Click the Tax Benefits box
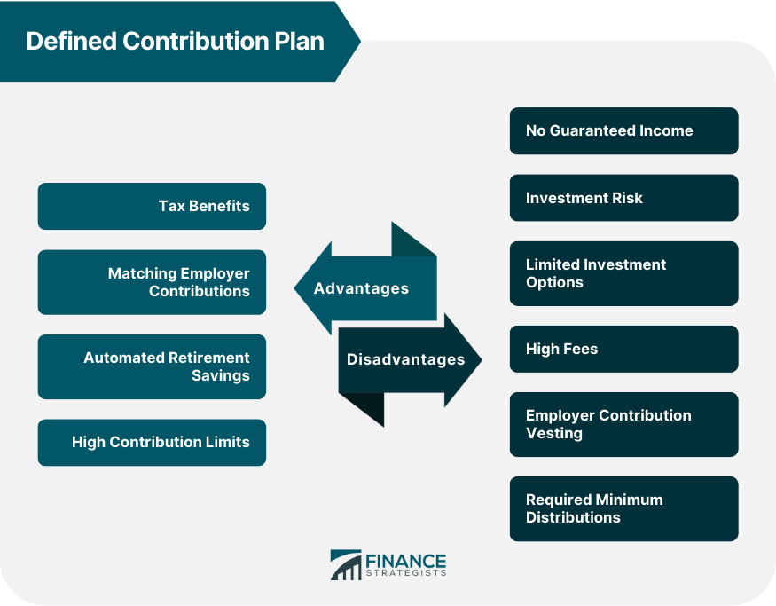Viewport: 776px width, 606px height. point(152,206)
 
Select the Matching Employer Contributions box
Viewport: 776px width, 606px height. point(152,282)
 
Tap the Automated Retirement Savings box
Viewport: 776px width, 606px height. point(152,366)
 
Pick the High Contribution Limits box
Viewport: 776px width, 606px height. point(152,443)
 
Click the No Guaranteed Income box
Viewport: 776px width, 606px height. point(624,130)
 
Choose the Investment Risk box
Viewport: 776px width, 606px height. point(624,198)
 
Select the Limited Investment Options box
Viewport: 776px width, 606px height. point(624,273)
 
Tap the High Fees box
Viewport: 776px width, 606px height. point(624,349)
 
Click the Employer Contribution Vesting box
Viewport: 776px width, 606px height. point(624,424)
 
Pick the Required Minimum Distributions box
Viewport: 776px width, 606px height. point(624,509)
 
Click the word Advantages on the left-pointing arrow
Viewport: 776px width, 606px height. point(361,288)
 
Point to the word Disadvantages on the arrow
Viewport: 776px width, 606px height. point(406,359)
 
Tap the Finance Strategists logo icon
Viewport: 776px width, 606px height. point(346,565)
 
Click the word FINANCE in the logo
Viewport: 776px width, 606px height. point(406,562)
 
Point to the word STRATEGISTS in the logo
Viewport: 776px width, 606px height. point(406,573)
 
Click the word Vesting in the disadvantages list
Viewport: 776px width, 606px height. point(554,434)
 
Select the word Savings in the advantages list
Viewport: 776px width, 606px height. point(221,376)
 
